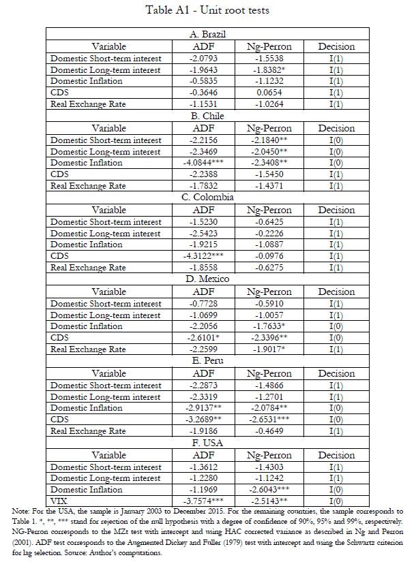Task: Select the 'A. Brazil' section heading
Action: (x=209, y=34)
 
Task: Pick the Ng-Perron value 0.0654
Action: (x=273, y=92)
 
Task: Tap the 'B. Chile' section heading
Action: (x=209, y=116)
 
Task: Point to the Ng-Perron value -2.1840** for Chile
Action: (x=273, y=140)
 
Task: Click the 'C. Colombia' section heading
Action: (x=209, y=198)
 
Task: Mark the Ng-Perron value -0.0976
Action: (x=273, y=255)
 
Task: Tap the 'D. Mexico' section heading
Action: (x=209, y=279)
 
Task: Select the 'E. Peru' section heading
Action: (x=209, y=361)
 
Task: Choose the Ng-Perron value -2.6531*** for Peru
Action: (x=273, y=420)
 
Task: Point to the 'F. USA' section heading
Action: (x=209, y=443)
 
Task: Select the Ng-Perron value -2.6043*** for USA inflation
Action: (x=273, y=490)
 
